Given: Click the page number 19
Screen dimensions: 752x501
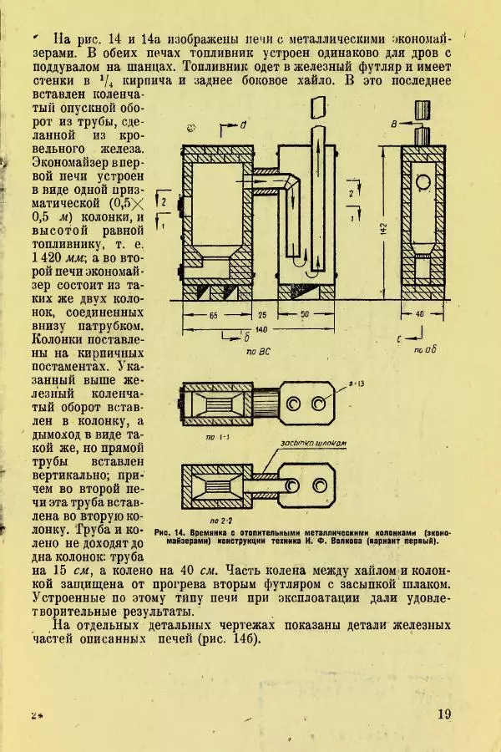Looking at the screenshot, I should pos(443,715).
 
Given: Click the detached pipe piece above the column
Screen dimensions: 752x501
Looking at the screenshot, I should pos(316,107).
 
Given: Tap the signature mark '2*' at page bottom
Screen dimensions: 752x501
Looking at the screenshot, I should pos(37,716).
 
